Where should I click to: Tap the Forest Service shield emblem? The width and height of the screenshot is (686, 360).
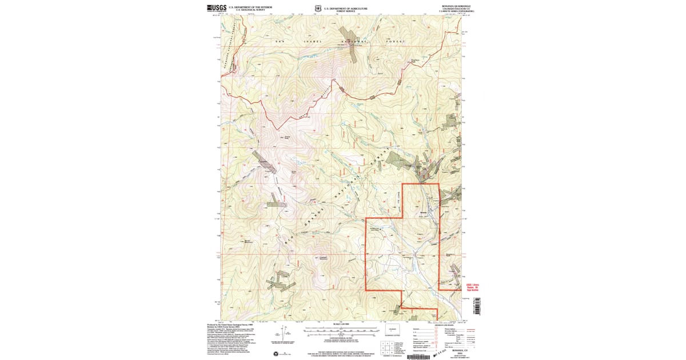tap(318, 9)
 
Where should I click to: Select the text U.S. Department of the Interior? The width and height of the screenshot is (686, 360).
tap(250, 7)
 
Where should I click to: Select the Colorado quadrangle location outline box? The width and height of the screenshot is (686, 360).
tap(392, 330)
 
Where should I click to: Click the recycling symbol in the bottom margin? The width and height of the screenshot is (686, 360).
tap(278, 354)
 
